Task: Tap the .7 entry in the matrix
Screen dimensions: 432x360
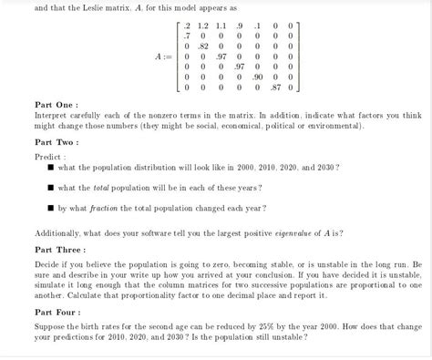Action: [x=186, y=36]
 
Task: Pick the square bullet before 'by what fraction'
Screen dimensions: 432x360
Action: [x=52, y=208]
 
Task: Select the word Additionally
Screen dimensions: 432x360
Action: [x=58, y=233]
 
